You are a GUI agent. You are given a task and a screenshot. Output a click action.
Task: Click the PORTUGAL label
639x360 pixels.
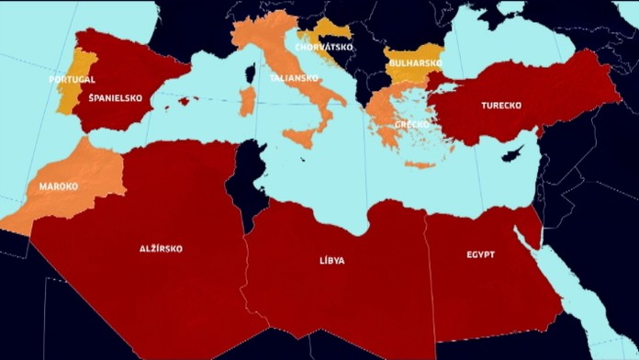72,80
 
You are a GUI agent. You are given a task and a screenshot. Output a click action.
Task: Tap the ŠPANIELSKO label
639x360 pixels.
117,98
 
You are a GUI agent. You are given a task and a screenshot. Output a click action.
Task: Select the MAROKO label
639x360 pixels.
58,186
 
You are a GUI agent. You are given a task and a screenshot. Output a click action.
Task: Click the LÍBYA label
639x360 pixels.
332,261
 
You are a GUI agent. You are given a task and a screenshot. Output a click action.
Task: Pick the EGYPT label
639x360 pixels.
480,254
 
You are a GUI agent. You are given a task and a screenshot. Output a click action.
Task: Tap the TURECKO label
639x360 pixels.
501,106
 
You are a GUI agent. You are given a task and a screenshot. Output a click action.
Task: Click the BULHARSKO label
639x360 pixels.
415,63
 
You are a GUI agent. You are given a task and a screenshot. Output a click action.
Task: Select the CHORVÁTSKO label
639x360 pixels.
324,47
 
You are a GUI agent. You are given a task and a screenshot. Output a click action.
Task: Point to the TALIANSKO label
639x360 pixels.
294,78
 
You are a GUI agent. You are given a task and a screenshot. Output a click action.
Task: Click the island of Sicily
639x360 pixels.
297,142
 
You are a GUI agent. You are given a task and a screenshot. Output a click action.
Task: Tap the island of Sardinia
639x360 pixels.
246,101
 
